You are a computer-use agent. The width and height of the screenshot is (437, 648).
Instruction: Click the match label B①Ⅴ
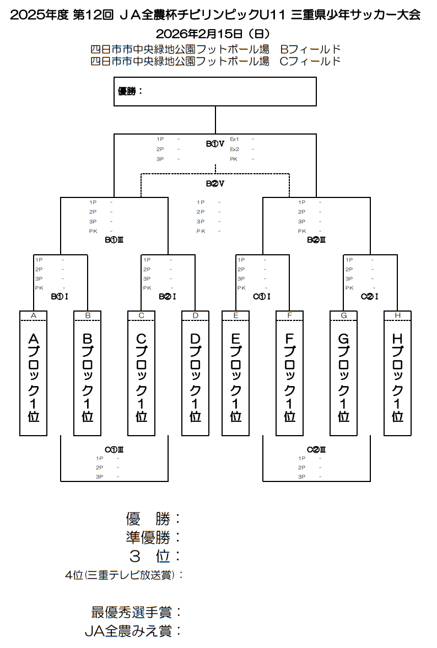pos(215,144)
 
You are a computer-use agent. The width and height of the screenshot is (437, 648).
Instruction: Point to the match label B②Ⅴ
pos(215,183)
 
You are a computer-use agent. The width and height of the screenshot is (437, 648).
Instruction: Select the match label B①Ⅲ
pos(114,240)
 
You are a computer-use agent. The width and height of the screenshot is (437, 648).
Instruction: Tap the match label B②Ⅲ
pos(316,240)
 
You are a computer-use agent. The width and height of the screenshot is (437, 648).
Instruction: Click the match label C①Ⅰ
pos(262,297)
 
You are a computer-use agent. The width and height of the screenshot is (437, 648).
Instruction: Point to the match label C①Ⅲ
pos(114,449)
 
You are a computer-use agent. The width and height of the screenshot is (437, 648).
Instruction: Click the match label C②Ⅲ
pos(316,449)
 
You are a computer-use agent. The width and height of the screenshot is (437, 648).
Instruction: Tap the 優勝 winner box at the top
pos(215,92)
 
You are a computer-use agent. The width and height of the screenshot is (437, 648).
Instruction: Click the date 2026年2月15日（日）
pos(215,34)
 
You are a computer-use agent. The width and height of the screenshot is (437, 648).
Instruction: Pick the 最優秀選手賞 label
pos(136,612)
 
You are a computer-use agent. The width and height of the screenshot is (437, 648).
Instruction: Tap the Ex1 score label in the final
pos(234,139)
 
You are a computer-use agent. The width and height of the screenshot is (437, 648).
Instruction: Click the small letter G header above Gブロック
pos(344,315)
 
